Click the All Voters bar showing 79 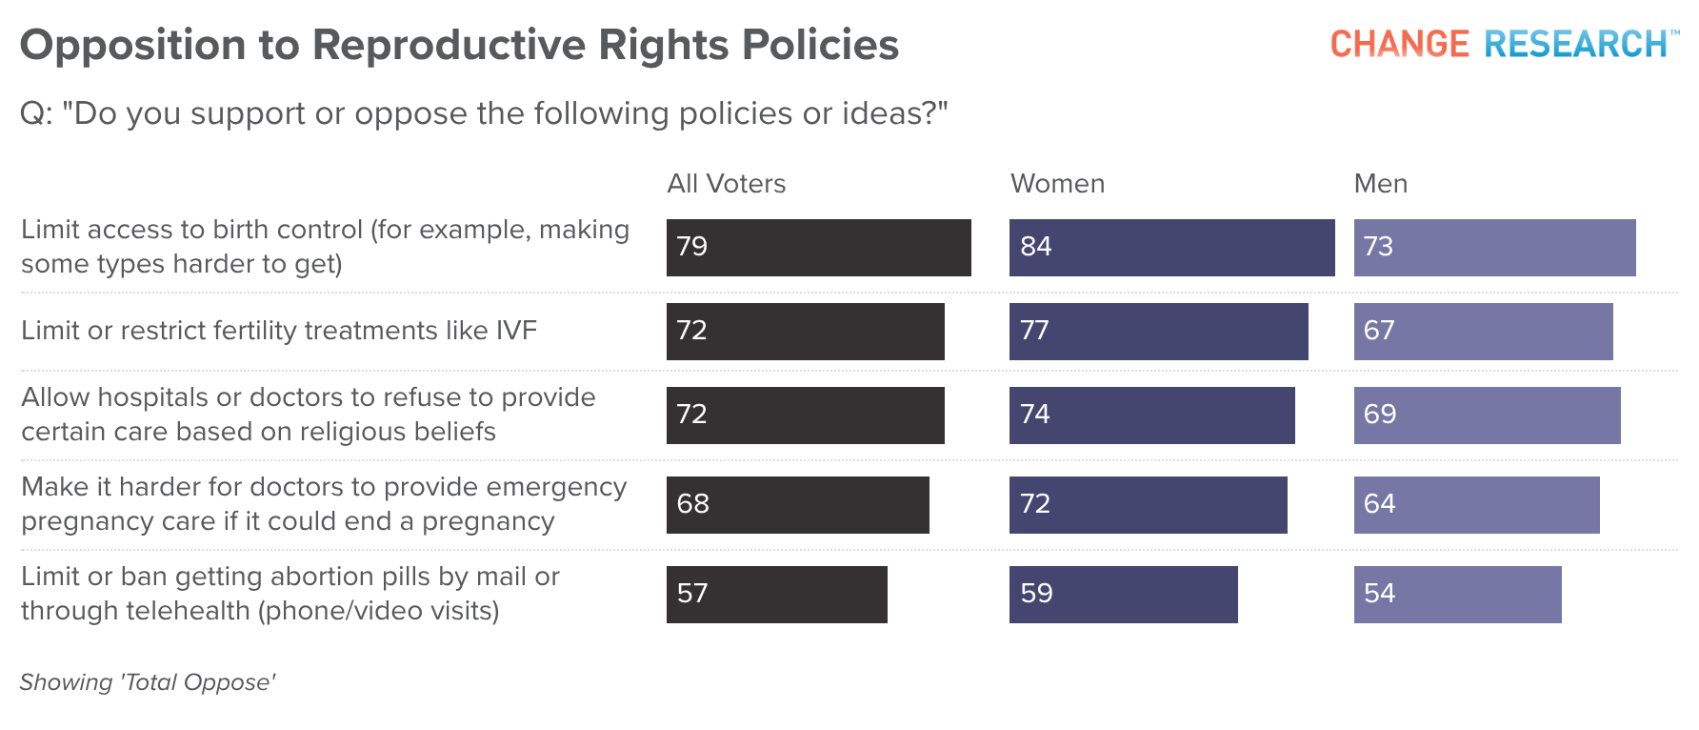(819, 248)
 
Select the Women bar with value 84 (1172, 248)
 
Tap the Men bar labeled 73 (1495, 248)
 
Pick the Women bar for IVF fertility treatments (1159, 332)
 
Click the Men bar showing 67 (1484, 332)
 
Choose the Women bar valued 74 (1152, 416)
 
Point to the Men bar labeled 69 (1488, 416)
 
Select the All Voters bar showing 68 (798, 505)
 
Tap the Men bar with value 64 (1477, 505)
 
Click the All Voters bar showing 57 (777, 595)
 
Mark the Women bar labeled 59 (1124, 595)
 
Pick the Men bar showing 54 (1458, 595)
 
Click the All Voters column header (727, 184)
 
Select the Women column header (1058, 184)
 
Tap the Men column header (1381, 184)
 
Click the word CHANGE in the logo (1400, 44)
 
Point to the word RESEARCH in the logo (1576, 44)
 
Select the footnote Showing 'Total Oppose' (148, 682)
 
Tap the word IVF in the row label (516, 331)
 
